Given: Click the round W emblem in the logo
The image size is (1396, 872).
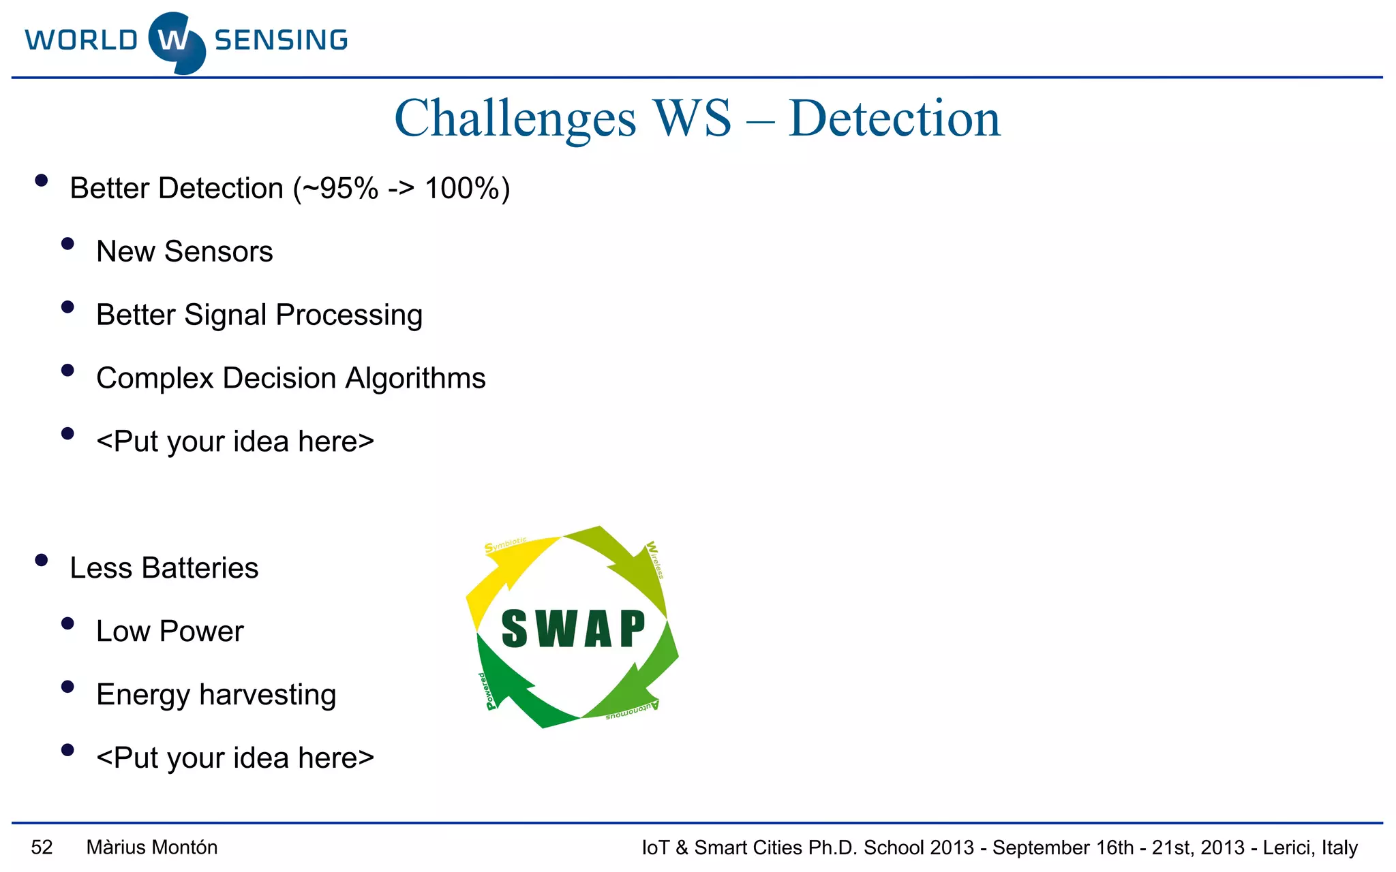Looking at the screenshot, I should click(176, 42).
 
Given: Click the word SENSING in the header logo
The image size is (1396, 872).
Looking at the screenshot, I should click(281, 41).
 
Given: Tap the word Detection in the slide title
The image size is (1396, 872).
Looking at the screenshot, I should click(894, 119).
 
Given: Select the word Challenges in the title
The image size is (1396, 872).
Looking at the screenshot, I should click(515, 119).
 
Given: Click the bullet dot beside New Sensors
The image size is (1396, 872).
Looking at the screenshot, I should click(67, 244).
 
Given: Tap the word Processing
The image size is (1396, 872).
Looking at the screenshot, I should click(349, 315).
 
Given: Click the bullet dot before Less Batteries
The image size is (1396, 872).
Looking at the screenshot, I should click(41, 561).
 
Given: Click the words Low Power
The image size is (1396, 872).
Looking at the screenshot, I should click(170, 632).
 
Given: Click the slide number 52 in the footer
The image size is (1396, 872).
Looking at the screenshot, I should click(42, 847).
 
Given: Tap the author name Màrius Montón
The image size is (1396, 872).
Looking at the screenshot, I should click(152, 847).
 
